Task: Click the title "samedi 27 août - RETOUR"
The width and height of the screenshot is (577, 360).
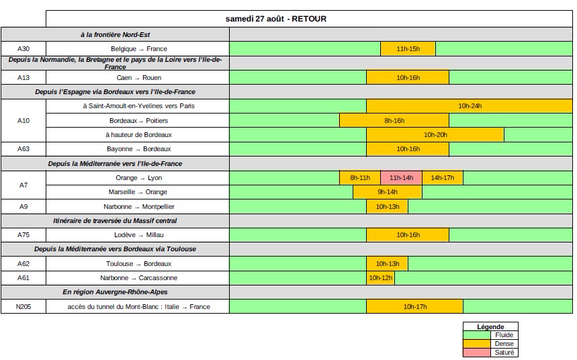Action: coord(275,19)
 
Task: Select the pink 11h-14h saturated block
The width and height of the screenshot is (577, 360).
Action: coord(401,178)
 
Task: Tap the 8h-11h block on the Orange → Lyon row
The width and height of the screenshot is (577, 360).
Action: coord(360,178)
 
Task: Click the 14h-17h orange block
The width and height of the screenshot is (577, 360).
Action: coord(443,178)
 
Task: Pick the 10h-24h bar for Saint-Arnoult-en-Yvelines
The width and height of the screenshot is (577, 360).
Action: coord(470,106)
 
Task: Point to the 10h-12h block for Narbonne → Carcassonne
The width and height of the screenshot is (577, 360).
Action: coord(380,278)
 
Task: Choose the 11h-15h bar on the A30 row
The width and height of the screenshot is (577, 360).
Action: coord(408,49)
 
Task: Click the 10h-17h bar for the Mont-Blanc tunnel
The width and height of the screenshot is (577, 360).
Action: coord(414,307)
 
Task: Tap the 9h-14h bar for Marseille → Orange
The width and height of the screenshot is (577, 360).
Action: coord(388,192)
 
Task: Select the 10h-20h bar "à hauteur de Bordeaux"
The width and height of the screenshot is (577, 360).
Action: coord(435,135)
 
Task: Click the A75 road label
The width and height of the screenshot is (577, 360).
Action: coord(24,235)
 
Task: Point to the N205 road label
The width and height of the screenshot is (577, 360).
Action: coord(24,307)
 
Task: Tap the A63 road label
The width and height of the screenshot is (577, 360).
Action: coord(24,149)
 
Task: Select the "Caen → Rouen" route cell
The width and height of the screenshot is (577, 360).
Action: coord(138,78)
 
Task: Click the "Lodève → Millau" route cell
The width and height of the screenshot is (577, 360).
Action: coord(138,235)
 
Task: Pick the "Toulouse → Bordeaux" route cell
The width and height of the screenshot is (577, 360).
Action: coord(138,264)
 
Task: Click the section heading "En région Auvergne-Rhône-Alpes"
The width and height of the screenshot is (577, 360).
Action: coord(116,292)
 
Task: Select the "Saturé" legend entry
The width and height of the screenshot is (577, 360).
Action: coord(503,353)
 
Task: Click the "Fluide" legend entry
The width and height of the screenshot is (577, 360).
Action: coord(503,335)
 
